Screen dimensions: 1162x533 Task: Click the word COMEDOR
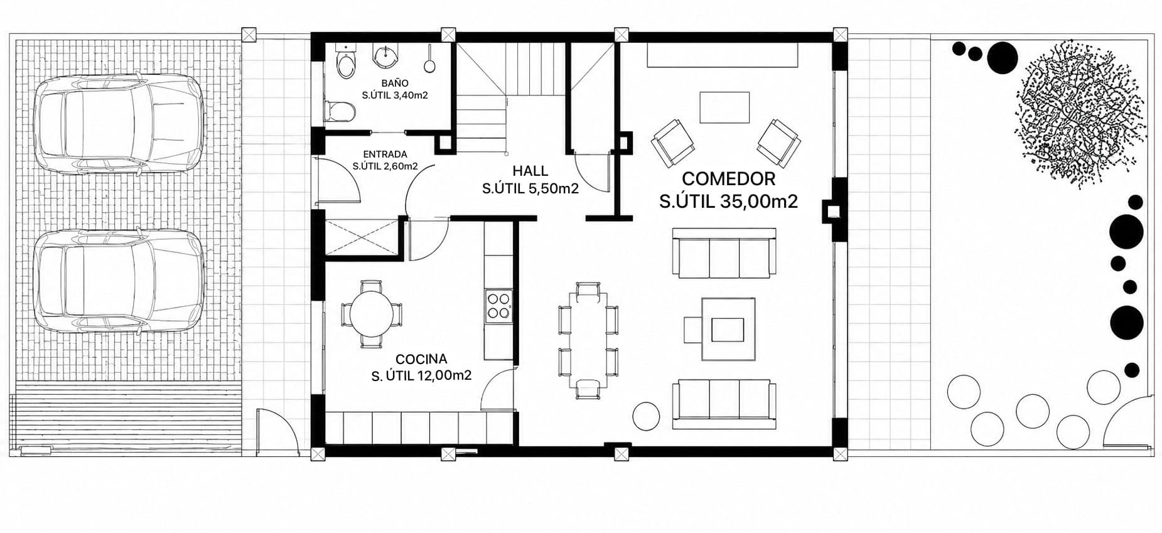click(x=728, y=179)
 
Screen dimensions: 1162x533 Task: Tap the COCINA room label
click(x=421, y=359)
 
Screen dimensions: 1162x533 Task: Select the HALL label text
click(x=530, y=171)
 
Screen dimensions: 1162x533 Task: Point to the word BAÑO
click(x=395, y=83)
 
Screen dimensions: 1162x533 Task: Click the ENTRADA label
click(x=385, y=154)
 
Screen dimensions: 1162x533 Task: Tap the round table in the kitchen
click(x=372, y=313)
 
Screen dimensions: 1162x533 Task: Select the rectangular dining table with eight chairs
click(x=588, y=340)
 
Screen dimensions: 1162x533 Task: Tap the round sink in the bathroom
click(x=384, y=57)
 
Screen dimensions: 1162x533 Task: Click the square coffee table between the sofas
click(x=728, y=328)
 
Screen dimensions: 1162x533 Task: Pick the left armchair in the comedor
click(x=673, y=143)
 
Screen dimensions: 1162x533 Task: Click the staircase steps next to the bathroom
click(x=509, y=97)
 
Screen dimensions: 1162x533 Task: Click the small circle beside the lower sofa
click(x=646, y=416)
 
